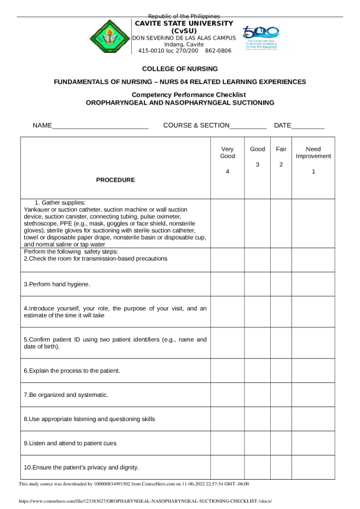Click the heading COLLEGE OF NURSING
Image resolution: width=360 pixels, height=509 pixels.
(x=180, y=68)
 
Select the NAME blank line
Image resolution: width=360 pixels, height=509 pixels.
(x=100, y=127)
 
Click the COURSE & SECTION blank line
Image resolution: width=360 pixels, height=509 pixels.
(x=248, y=127)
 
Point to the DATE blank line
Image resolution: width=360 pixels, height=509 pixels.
(x=308, y=127)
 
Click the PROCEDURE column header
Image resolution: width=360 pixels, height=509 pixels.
(x=115, y=180)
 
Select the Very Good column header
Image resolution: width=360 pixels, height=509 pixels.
(x=227, y=153)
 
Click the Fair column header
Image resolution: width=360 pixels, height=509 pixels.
(x=281, y=149)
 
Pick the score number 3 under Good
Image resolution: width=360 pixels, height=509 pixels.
(x=257, y=164)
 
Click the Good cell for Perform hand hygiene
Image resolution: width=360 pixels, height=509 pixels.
(x=257, y=283)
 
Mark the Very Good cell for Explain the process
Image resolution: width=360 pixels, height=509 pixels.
(x=227, y=370)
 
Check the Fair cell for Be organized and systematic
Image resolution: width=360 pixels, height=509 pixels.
(x=281, y=394)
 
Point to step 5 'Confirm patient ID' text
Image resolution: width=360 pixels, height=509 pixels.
(x=115, y=343)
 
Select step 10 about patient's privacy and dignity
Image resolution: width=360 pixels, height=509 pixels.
(x=81, y=468)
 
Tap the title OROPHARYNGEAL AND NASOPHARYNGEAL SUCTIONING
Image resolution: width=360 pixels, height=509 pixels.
(x=180, y=102)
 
